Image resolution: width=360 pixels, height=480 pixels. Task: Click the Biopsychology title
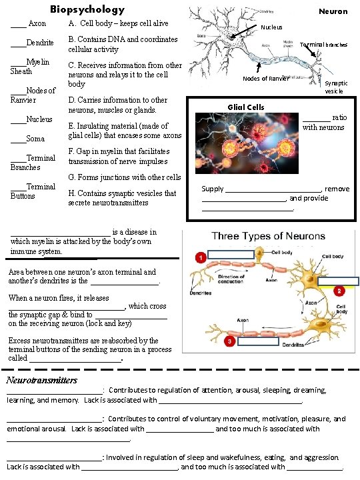pos(87,9)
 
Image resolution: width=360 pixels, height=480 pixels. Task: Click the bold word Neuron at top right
pos(333,11)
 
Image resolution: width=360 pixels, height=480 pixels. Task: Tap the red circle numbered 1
pos(199,257)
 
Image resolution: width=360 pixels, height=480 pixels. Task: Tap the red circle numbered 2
pos(339,291)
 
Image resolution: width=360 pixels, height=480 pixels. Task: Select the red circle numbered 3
pos(229,341)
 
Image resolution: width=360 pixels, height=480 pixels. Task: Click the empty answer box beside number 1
pos(231,254)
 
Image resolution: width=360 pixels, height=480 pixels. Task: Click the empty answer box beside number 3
pos(258,341)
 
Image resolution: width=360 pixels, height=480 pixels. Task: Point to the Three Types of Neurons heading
pos(269,236)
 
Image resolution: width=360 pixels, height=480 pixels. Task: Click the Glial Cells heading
pos(246,107)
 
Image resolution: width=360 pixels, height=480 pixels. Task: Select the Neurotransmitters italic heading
pos(41,380)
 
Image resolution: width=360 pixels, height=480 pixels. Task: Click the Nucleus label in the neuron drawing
pos(271,27)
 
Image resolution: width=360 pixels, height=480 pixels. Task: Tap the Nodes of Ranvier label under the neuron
pos(265,79)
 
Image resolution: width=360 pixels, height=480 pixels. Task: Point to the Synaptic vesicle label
pos(335,87)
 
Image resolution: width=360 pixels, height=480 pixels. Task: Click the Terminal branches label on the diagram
pos(323,45)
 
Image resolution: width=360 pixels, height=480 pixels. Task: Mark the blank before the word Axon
pos(18,24)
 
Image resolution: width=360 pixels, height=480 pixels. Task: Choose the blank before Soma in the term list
pos(18,139)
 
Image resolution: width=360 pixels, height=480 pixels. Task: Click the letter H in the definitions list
pos(71,193)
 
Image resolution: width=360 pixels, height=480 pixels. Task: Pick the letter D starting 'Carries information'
pos(71,100)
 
